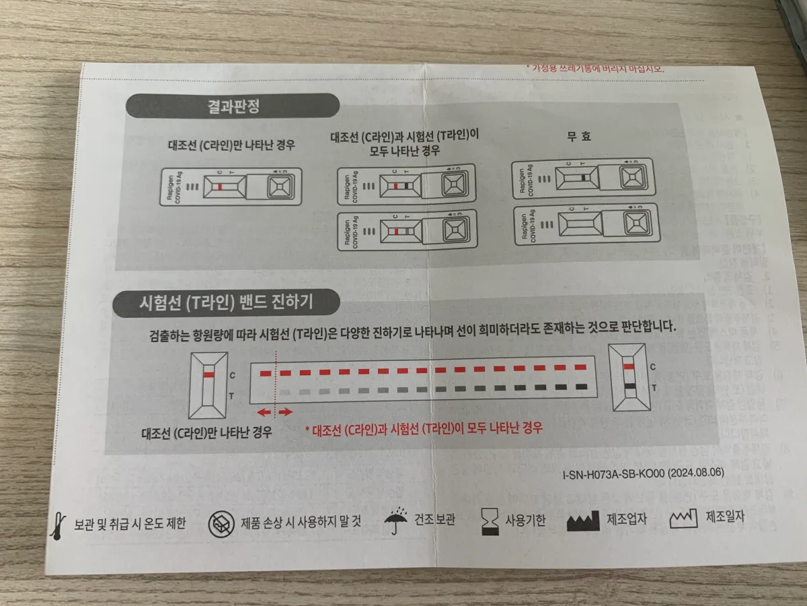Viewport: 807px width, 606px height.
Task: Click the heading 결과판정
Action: (x=233, y=106)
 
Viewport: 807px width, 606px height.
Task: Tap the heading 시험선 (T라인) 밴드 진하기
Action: (x=224, y=304)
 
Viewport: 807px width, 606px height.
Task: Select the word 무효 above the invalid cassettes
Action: (x=578, y=137)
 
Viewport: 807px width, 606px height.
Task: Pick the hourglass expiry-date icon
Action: (x=490, y=522)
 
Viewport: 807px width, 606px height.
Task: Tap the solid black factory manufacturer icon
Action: (x=583, y=521)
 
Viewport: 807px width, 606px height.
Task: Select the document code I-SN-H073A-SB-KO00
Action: (x=613, y=473)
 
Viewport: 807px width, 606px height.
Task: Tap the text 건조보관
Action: (x=434, y=522)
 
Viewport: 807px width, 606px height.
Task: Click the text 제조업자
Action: (x=627, y=520)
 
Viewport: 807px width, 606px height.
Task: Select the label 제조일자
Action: (x=725, y=518)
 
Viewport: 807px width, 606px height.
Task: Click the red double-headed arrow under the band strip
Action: (x=275, y=411)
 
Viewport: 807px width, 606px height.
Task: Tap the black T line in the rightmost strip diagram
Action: (x=629, y=386)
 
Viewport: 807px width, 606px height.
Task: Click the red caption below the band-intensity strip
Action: (x=424, y=429)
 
